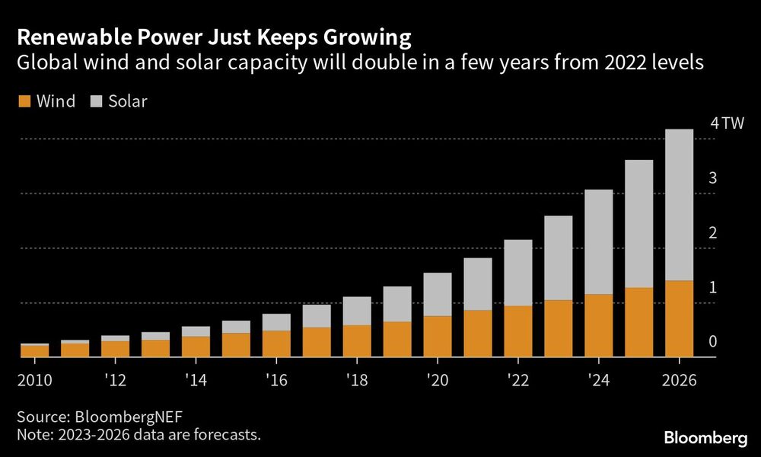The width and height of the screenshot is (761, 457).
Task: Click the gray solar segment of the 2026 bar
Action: (x=679, y=204)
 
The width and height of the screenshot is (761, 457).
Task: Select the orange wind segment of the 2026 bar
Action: (x=679, y=318)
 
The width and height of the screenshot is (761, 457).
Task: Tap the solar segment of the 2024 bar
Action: (x=598, y=241)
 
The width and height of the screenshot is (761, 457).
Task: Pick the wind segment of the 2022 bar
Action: (x=517, y=331)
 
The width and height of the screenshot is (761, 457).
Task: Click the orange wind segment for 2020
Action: (x=437, y=336)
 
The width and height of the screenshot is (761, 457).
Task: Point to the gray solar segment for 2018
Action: (x=356, y=311)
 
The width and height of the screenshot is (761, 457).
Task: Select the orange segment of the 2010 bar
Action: (x=34, y=351)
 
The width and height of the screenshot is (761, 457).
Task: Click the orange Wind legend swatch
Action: (x=23, y=101)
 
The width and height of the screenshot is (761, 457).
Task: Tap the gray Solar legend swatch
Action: (x=97, y=101)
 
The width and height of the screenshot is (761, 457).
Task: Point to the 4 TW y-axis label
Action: (x=726, y=124)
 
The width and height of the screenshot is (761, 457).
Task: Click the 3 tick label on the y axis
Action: (x=713, y=179)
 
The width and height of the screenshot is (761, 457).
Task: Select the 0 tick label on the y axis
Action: (x=713, y=342)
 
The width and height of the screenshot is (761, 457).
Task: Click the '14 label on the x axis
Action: (x=195, y=379)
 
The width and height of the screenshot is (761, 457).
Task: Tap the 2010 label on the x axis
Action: (x=34, y=379)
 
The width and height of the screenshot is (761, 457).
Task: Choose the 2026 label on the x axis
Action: (x=679, y=379)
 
